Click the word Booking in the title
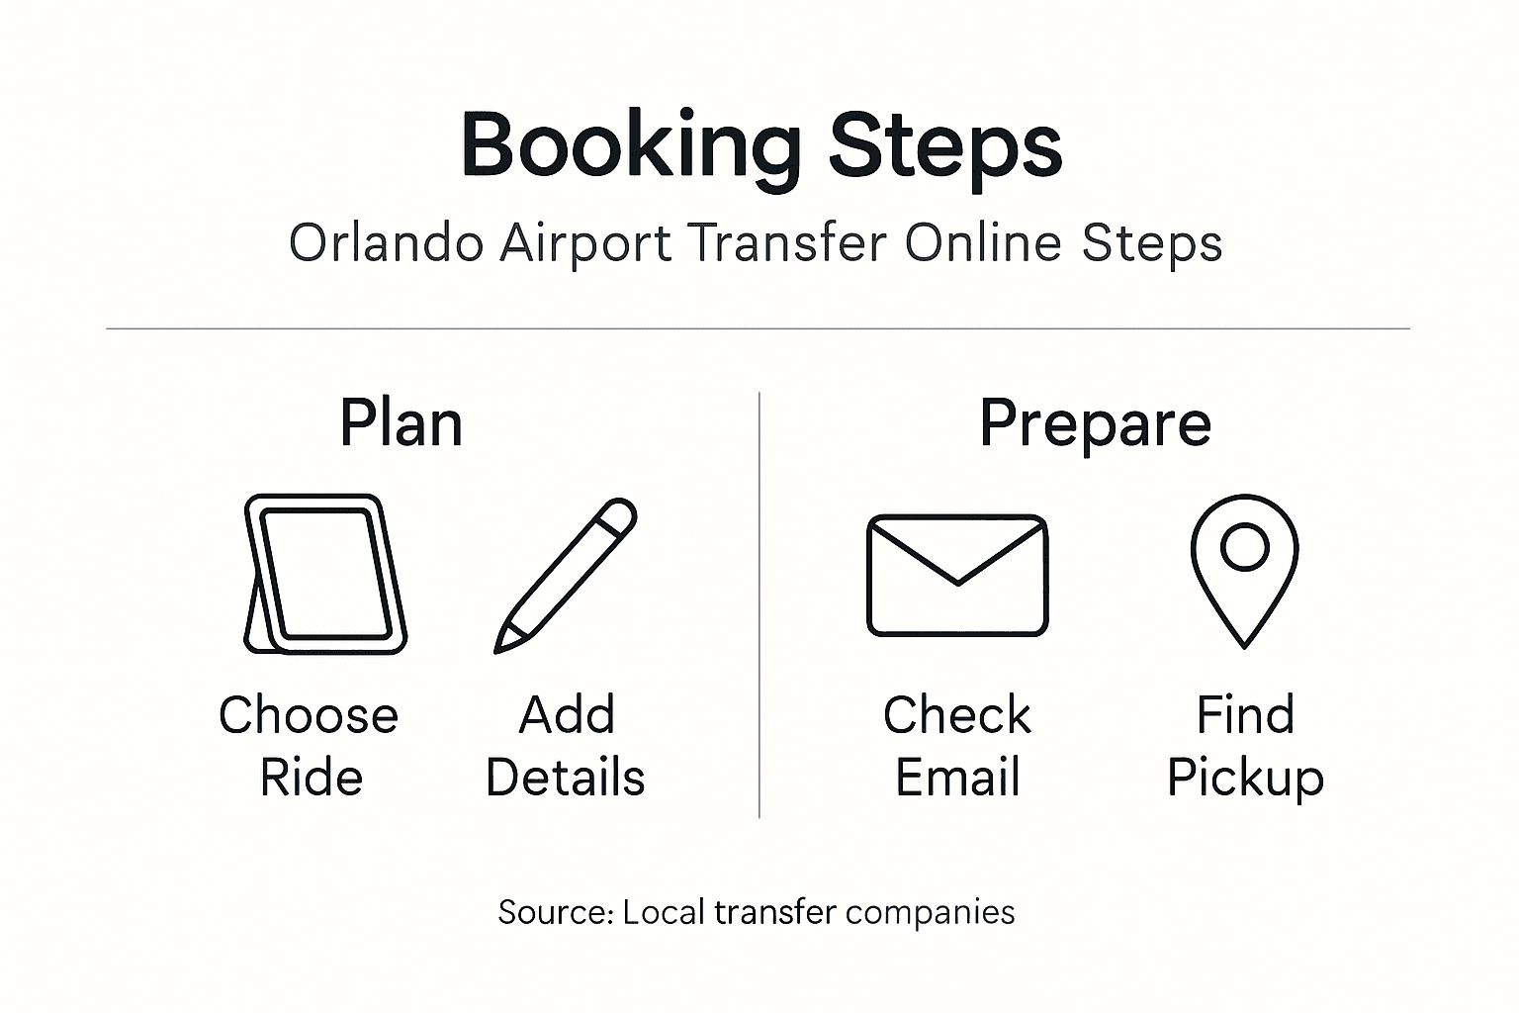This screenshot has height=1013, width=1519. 631,146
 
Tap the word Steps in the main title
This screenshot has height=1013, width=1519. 944,146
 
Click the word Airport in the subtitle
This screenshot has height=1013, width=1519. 585,243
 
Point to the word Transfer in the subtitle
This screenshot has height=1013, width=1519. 787,243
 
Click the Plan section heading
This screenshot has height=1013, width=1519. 401,424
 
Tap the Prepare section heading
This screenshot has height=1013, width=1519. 1095,424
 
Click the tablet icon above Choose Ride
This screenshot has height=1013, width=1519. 326,574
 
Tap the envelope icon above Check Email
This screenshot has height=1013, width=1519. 957,575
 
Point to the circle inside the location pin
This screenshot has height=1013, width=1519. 1244,546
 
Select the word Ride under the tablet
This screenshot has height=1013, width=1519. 311,778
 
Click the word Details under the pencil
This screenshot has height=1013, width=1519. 566,778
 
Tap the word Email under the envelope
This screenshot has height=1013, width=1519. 957,778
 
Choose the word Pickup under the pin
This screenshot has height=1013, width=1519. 1245,779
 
